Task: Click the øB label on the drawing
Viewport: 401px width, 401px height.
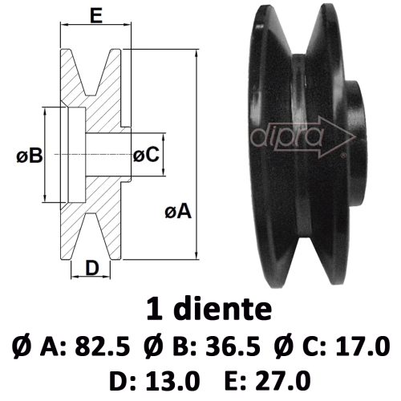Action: tap(30, 156)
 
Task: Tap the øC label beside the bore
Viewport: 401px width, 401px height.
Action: tap(146, 155)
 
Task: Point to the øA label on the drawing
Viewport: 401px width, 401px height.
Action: tap(178, 212)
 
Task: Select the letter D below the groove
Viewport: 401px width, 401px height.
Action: tap(92, 268)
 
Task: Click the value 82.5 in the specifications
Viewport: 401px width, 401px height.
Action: tap(103, 346)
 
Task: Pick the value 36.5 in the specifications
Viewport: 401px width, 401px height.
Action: tap(233, 346)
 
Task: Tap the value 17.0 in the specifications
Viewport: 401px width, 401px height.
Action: tap(363, 346)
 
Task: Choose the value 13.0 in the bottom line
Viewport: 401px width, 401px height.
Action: tap(173, 380)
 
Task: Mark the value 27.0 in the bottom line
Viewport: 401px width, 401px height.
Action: tap(283, 380)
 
